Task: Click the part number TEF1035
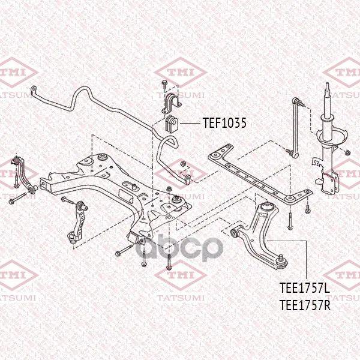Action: (224, 123)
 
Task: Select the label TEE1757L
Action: (305, 288)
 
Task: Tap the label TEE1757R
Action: (305, 305)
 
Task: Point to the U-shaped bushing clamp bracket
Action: (171, 103)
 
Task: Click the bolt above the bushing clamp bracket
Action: (164, 84)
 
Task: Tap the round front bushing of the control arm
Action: (235, 233)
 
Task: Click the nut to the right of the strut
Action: (347, 152)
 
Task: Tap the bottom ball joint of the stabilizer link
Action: (295, 155)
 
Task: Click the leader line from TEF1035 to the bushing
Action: (190, 123)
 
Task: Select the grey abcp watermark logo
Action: (179, 247)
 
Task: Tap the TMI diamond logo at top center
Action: (181, 73)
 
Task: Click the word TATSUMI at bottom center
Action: (180, 298)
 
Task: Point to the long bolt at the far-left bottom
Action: (17, 199)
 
